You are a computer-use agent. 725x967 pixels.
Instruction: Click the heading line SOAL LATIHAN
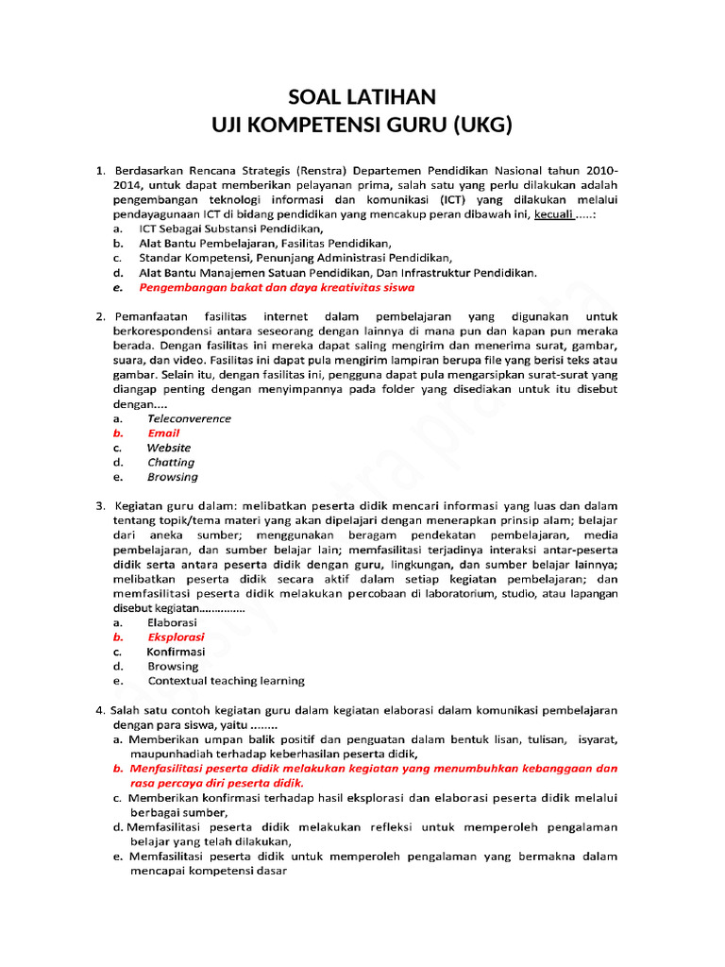pyautogui.click(x=362, y=97)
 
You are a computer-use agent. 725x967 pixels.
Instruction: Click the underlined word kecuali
pyautogui.click(x=556, y=214)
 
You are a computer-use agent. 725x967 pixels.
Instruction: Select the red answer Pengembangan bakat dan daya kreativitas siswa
pyautogui.click(x=276, y=287)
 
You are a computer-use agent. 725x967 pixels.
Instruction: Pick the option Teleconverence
pyautogui.click(x=189, y=418)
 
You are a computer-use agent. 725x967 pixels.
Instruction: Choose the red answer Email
pyautogui.click(x=163, y=433)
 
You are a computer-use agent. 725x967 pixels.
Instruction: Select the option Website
pyautogui.click(x=168, y=448)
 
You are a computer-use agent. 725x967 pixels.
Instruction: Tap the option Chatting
pyautogui.click(x=171, y=463)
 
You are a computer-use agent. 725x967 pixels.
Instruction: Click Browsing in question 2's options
pyautogui.click(x=173, y=477)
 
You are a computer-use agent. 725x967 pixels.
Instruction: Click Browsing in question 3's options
pyautogui.click(x=173, y=666)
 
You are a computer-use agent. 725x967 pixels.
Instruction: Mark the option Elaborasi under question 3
pyautogui.click(x=172, y=623)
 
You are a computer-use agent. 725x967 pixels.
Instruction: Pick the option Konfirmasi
pyautogui.click(x=176, y=652)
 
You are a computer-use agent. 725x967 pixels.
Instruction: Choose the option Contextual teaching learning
pyautogui.click(x=226, y=681)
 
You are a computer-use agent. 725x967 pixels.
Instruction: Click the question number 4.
pyautogui.click(x=99, y=710)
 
